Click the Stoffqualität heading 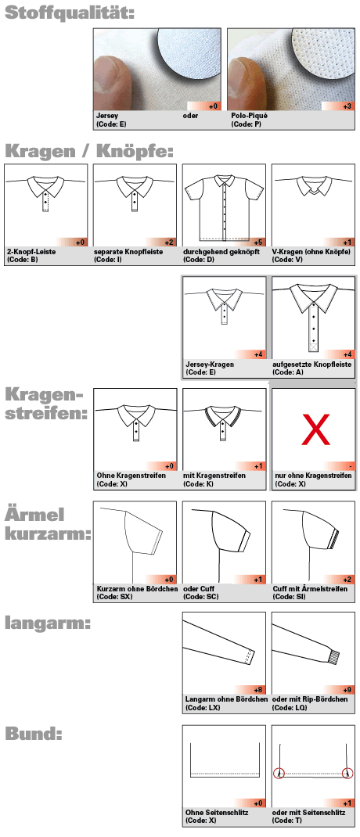coord(69,13)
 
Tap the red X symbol coord(314,429)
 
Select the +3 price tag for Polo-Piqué coord(345,106)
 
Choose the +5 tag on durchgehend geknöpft coord(256,242)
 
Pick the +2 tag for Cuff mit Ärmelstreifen coord(345,580)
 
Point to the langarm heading coord(48,623)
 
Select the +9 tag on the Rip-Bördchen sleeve coord(345,690)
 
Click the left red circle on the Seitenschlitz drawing coord(279,774)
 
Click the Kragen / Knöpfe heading coord(88,151)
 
